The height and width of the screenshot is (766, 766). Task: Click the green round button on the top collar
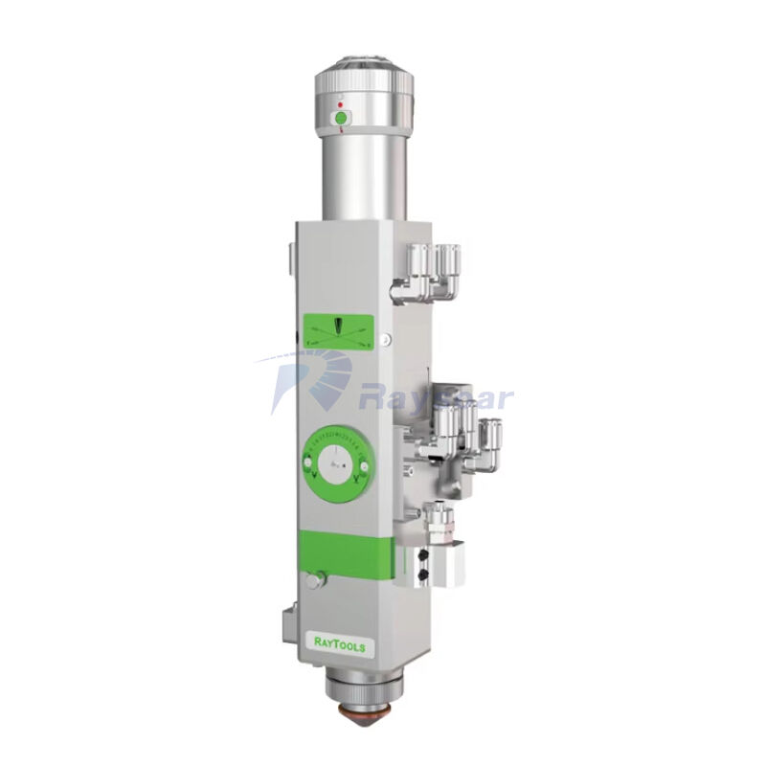pyautogui.click(x=339, y=119)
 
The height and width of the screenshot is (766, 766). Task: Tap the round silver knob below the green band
pyautogui.click(x=313, y=581)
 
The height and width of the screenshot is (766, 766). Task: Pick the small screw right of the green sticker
pyautogui.click(x=383, y=337)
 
